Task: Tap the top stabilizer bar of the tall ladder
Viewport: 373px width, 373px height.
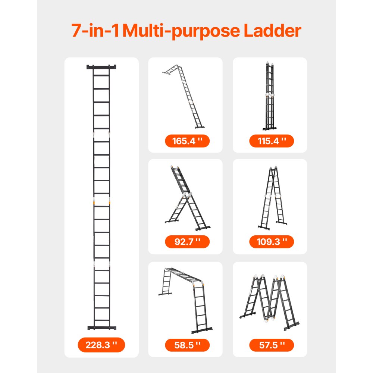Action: (x=101, y=67)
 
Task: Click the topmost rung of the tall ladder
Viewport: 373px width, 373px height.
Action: (x=101, y=75)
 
